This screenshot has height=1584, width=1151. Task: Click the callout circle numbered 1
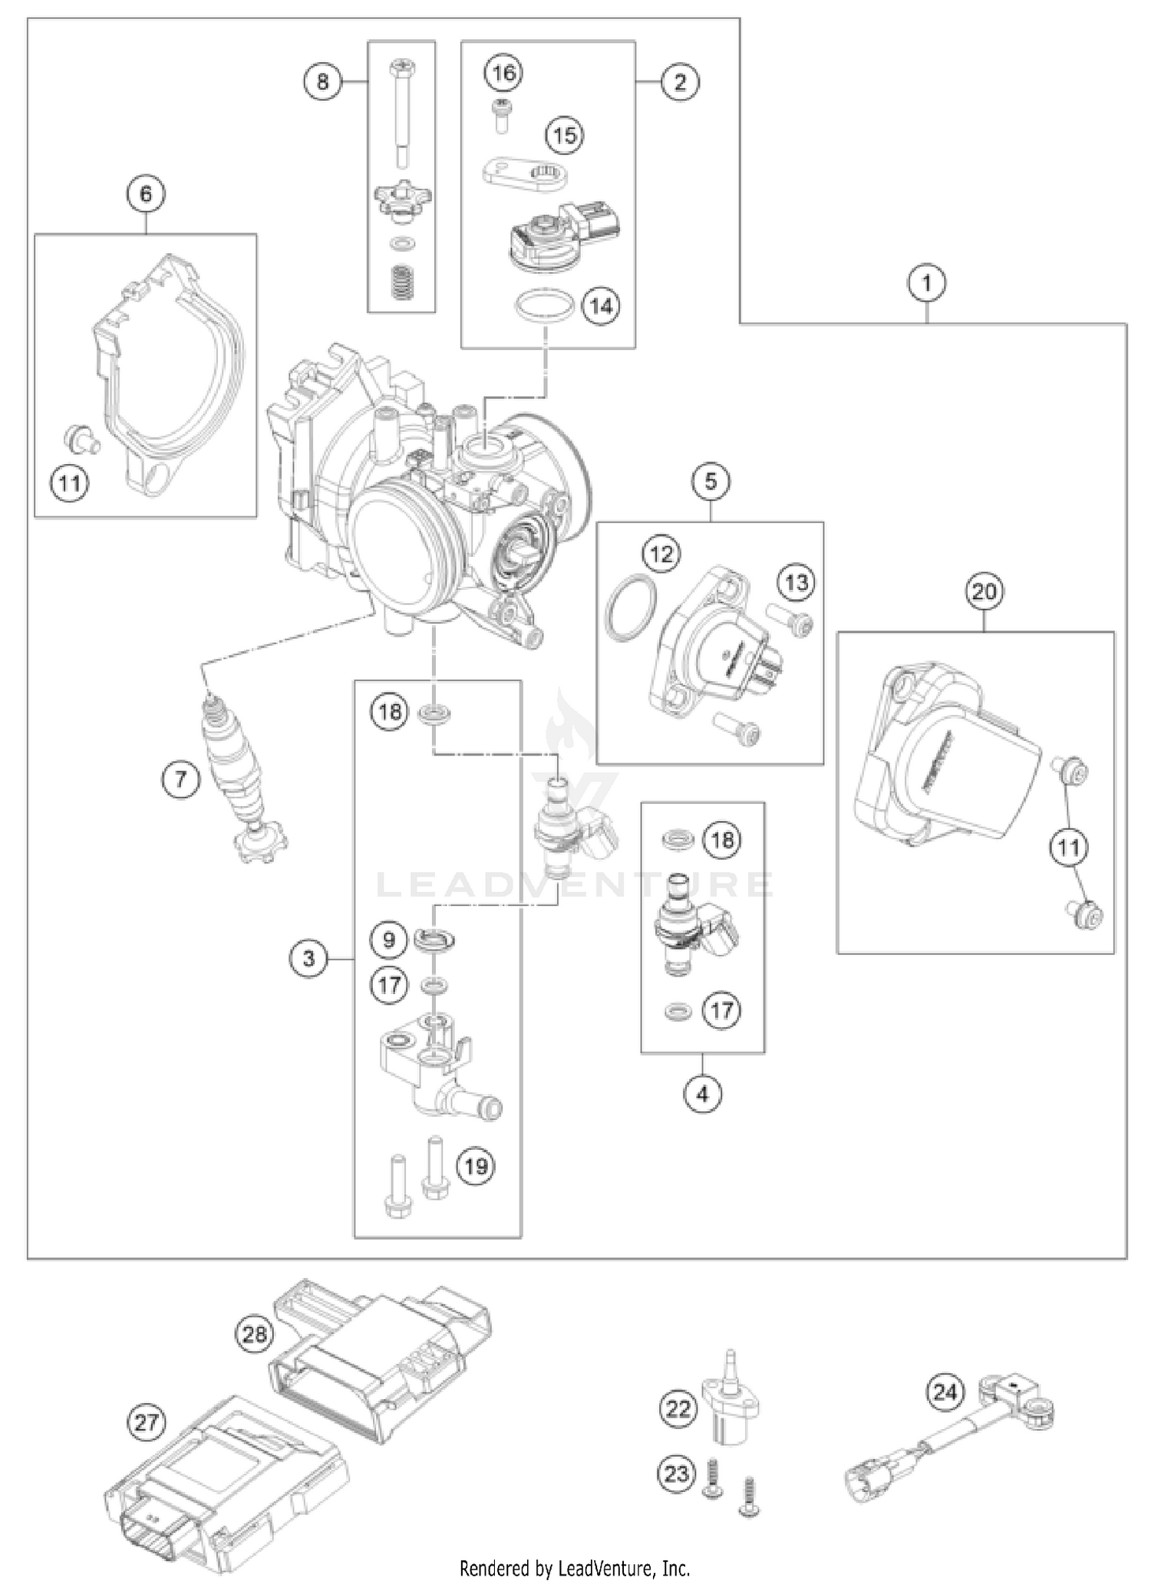pyautogui.click(x=926, y=283)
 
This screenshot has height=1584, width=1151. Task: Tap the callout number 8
pyautogui.click(x=322, y=81)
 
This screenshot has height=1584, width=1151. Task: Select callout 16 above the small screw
pyautogui.click(x=503, y=73)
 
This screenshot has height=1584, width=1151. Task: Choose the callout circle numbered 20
pyautogui.click(x=984, y=591)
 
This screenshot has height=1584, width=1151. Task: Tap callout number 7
pyautogui.click(x=180, y=780)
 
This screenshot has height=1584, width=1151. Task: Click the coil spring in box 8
pyautogui.click(x=400, y=283)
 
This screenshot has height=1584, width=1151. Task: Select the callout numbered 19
pyautogui.click(x=476, y=1167)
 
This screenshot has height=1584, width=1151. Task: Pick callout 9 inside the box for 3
pyautogui.click(x=389, y=940)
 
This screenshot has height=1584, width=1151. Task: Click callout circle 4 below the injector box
pyautogui.click(x=703, y=1094)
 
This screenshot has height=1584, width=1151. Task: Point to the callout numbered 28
pyautogui.click(x=255, y=1335)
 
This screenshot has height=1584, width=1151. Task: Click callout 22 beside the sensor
pyautogui.click(x=678, y=1408)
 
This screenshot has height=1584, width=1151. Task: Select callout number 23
pyautogui.click(x=677, y=1474)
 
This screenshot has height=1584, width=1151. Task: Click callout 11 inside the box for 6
pyautogui.click(x=70, y=483)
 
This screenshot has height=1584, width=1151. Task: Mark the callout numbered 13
pyautogui.click(x=796, y=583)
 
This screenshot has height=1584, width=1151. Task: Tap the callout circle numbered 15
pyautogui.click(x=564, y=136)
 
